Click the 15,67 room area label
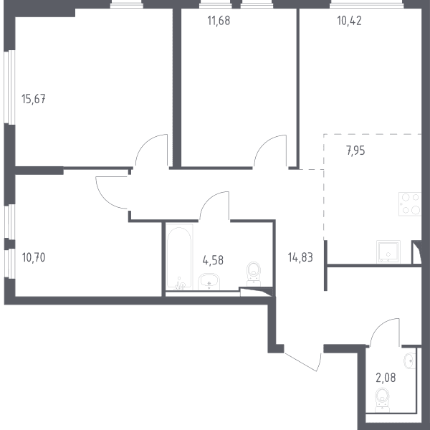pos(34,99)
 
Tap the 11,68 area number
pos(219,21)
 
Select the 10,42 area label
pos(350,21)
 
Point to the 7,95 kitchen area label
pos(355,150)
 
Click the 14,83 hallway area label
pos(300,257)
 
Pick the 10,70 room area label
pos(34,257)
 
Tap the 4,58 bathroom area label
pos(213,259)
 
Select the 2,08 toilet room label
pos(386,378)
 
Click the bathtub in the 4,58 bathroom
pos(179,257)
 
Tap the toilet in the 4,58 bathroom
pos(254,274)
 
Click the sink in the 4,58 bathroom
pos(209,282)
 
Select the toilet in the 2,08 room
pos(383,400)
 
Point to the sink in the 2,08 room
pos(410,360)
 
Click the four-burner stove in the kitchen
pos(410,204)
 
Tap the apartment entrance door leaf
pos(301,362)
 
